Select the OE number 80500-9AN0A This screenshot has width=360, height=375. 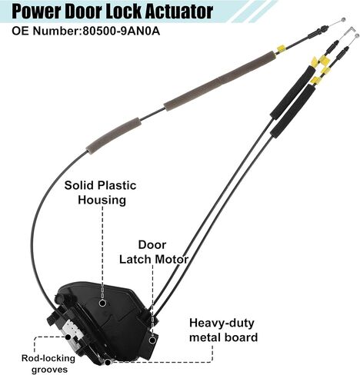click(x=121, y=32)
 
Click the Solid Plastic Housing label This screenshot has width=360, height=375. click(x=100, y=192)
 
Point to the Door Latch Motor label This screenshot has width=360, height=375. click(x=154, y=252)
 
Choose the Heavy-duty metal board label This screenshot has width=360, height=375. click(x=223, y=330)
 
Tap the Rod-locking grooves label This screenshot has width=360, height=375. click(x=48, y=363)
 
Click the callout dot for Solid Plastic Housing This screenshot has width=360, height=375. click(x=102, y=303)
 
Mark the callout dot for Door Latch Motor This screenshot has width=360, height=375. click(x=152, y=340)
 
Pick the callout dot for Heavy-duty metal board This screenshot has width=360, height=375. click(x=108, y=362)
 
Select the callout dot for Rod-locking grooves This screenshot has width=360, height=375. click(x=68, y=337)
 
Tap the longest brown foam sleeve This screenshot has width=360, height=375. click(x=220, y=81)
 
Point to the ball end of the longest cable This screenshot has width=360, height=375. click(x=342, y=19)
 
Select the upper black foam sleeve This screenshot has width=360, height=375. click(x=292, y=92)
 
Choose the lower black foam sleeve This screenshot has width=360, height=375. click(x=293, y=110)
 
